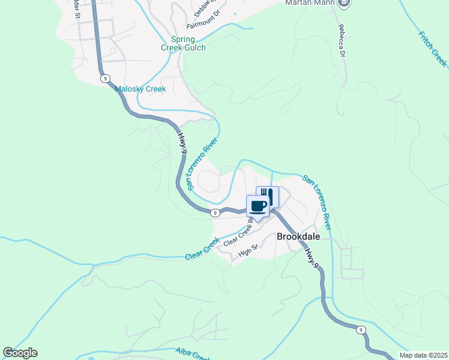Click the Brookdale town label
298,236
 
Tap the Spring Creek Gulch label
183,44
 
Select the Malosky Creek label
140,89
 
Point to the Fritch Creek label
432,48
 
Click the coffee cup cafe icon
258,206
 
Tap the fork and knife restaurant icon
268,196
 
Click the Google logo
20,353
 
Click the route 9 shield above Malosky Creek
105,79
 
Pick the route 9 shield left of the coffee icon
214,212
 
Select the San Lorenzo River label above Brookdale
316,202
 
